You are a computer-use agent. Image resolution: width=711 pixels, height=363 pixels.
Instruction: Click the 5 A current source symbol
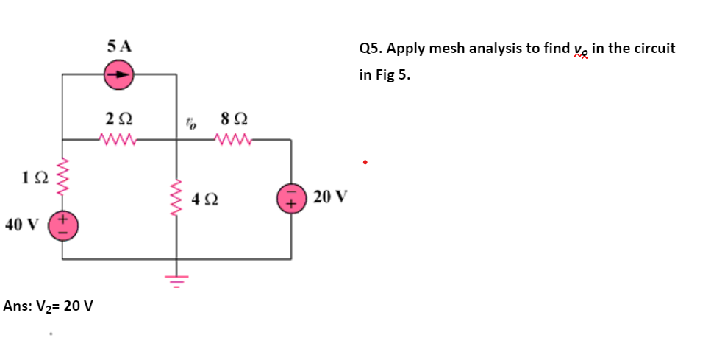(119, 74)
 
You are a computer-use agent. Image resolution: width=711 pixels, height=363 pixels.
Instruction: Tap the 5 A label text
(119, 46)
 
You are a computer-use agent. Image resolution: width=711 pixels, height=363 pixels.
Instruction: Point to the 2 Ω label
(118, 117)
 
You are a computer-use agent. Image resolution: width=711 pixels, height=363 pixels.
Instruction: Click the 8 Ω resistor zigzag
(235, 138)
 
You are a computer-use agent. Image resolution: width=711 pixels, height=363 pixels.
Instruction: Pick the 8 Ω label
(234, 117)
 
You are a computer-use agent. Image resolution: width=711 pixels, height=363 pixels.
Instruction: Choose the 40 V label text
(21, 225)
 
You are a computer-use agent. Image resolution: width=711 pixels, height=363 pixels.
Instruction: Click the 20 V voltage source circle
(290, 197)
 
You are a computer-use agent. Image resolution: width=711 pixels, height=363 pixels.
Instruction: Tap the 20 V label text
(329, 197)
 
